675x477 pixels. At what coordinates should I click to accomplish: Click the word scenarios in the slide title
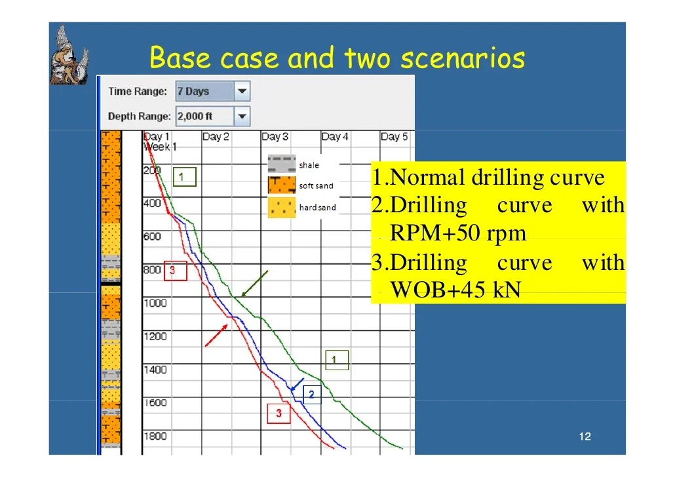pos(463,58)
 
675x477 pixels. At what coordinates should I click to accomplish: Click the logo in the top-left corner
pos(69,56)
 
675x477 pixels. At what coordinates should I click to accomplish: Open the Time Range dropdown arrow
pos(242,92)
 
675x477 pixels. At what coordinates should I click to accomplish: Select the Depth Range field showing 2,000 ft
pos(204,117)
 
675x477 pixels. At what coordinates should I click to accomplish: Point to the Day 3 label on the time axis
pos(275,137)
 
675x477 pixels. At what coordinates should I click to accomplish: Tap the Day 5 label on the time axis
pos(394,137)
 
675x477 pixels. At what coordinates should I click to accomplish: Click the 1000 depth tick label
pos(155,303)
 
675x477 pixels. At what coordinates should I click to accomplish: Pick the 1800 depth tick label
pos(155,436)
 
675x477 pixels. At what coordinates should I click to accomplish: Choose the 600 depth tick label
pos(153,237)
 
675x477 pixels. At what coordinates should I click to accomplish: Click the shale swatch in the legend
pos(281,164)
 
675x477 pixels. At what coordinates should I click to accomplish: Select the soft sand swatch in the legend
pos(281,185)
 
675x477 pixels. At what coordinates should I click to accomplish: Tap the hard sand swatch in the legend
pos(281,208)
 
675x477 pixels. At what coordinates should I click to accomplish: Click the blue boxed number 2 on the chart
pos(312,394)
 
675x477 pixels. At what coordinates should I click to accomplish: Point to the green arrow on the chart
pos(254,284)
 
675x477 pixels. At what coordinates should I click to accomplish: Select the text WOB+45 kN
pos(455,290)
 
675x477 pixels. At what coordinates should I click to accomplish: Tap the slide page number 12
pos(585,437)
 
